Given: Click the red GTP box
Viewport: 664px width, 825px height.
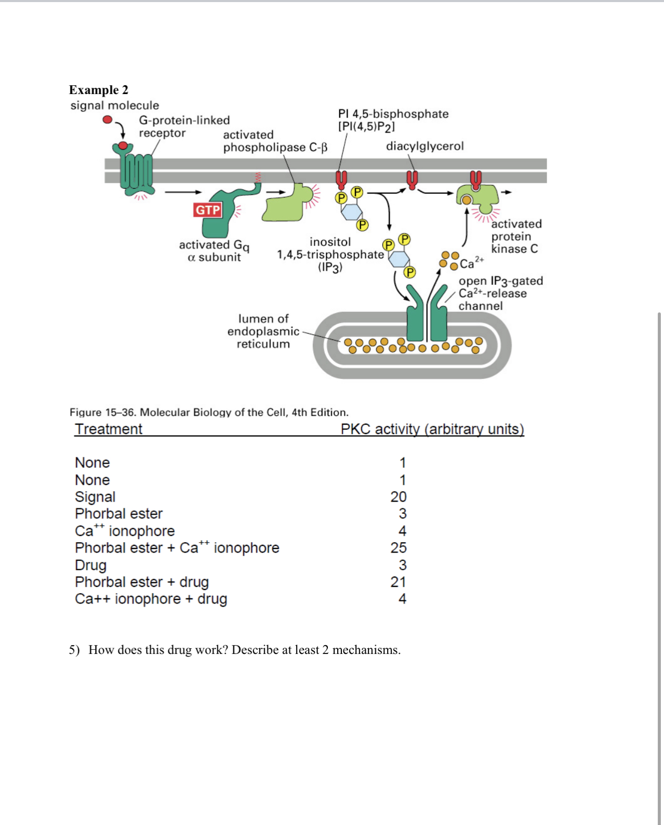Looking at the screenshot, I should coord(208,210).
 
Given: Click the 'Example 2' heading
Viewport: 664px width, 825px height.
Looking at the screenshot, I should coord(99,90).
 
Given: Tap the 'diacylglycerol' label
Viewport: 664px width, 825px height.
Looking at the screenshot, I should coord(424,146).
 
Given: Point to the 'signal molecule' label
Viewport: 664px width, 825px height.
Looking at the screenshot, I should coord(115,106).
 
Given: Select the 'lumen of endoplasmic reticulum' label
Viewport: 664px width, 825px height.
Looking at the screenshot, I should coord(263,331).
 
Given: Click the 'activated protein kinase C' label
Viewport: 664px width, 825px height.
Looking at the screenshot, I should coord(516,237).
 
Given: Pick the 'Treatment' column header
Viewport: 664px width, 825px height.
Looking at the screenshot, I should coord(109,429).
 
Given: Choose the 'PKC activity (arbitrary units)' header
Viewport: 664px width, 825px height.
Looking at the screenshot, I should coord(432,429).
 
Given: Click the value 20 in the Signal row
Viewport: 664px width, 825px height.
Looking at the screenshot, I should coord(399,497).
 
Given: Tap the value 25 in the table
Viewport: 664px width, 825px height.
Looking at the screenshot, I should coord(399,548).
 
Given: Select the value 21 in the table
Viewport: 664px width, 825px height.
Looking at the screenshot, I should coord(399,582).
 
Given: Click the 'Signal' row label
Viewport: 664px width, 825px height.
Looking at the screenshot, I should coord(95,497).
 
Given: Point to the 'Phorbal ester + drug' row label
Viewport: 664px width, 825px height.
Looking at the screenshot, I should coord(142,582).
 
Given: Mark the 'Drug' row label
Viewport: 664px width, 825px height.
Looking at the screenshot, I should coord(91,565).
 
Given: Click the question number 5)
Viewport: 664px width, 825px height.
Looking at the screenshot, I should coord(74,650).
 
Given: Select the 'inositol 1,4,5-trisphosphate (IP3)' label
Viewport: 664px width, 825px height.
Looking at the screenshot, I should coord(330,255).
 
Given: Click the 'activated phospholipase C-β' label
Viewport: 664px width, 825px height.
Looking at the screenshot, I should coord(275,141).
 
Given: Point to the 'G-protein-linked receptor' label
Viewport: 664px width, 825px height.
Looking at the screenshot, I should coord(184,126).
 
